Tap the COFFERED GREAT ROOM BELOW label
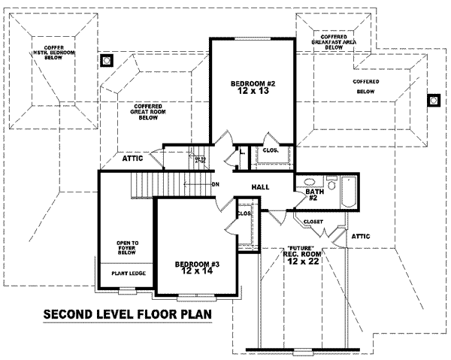pos(150,112)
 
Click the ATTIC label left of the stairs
pos(133,159)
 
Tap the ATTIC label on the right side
pos(362,236)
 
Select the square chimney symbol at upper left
pos(107,59)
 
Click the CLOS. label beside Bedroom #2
pos(271,150)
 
